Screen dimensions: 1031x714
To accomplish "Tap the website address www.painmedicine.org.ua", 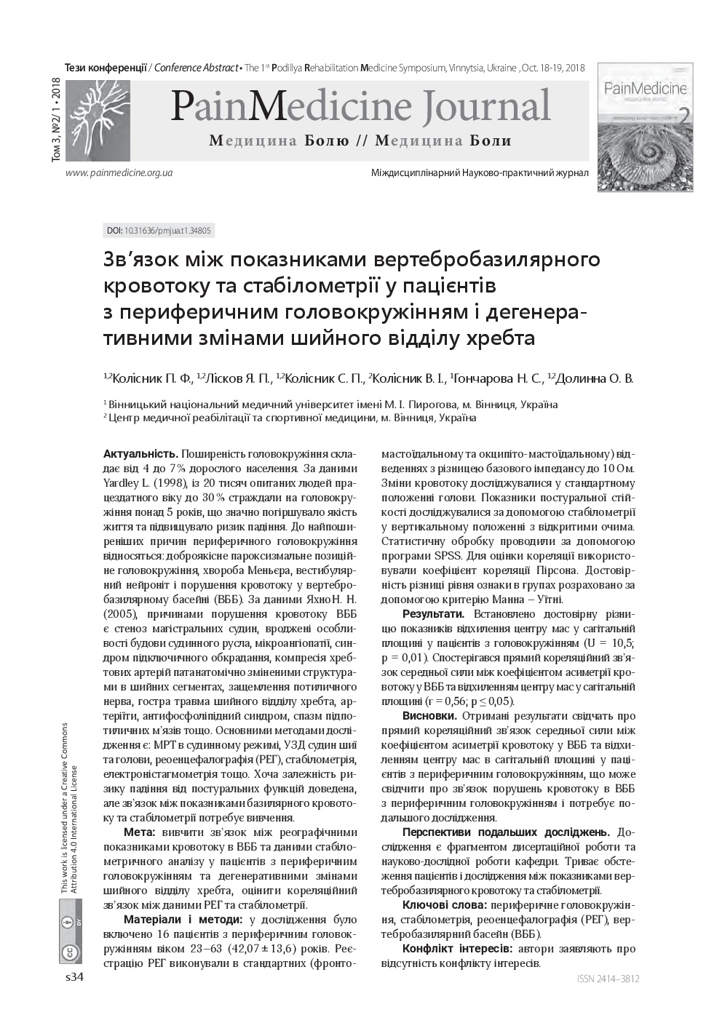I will click(x=119, y=173).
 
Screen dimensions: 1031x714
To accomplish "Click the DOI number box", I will click(x=159, y=231).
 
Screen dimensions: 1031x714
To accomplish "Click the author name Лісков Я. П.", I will click(x=237, y=378).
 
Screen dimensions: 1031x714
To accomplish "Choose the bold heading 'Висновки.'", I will click(x=429, y=716).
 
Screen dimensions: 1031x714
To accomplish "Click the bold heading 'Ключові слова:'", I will click(x=444, y=905).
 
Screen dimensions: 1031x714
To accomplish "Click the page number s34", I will click(x=75, y=977).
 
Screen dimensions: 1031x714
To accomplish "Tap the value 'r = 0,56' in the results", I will click(x=453, y=701).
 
